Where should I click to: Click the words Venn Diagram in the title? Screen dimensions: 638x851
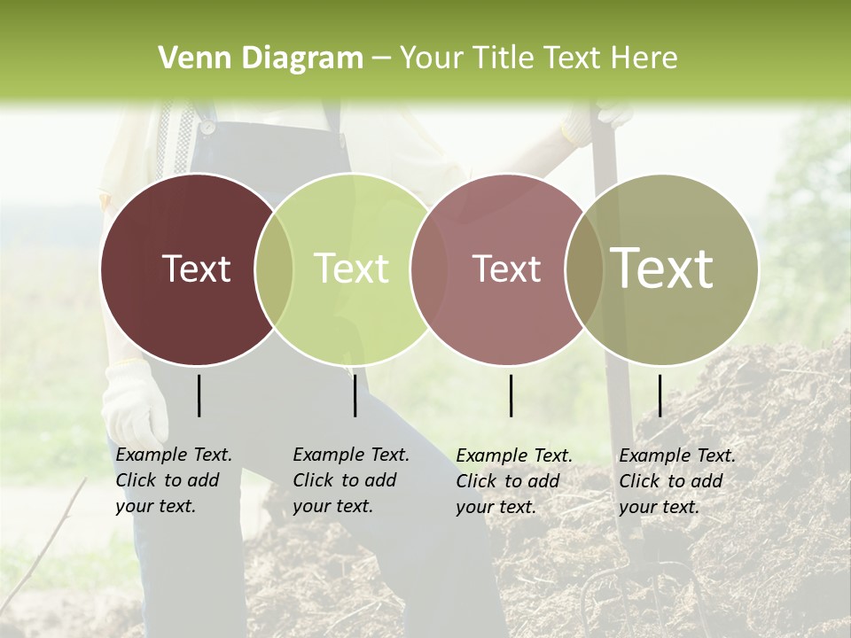click(x=261, y=58)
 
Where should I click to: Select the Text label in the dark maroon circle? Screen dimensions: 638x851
click(x=196, y=268)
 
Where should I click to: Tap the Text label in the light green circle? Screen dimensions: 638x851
click(x=352, y=268)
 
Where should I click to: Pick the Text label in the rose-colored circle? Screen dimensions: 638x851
click(x=506, y=268)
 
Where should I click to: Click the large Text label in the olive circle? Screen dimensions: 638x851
click(x=662, y=268)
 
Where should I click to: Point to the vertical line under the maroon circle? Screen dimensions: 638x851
click(x=199, y=395)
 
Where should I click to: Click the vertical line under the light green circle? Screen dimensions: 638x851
click(x=355, y=395)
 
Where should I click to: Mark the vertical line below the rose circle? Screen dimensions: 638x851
click(x=511, y=395)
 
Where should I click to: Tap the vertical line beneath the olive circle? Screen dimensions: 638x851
click(x=660, y=395)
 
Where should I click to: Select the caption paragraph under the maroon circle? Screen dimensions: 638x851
click(x=173, y=480)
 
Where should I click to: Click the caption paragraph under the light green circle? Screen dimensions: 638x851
click(x=350, y=480)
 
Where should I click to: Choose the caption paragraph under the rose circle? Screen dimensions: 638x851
click(x=513, y=481)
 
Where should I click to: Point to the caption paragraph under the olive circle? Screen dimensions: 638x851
click(x=676, y=481)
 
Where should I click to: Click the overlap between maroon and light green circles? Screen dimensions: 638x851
click(x=274, y=269)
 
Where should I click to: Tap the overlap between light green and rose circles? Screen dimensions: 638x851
click(x=429, y=269)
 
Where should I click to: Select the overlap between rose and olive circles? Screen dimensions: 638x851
click(x=583, y=269)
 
